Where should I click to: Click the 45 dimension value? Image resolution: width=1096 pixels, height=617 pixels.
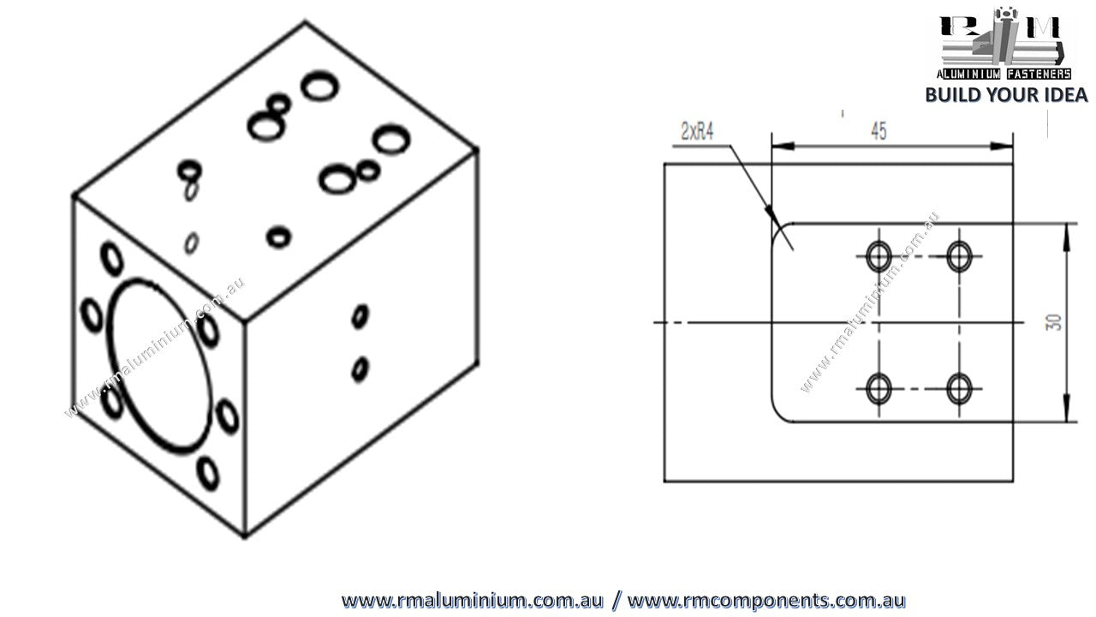(x=879, y=131)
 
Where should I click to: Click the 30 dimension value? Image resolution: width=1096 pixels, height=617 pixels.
(x=1054, y=322)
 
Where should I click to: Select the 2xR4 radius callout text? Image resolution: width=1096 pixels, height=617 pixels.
(x=697, y=131)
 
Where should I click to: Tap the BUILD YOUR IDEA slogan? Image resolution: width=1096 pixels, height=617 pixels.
(x=1006, y=94)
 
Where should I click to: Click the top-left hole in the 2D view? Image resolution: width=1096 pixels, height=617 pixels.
(x=879, y=255)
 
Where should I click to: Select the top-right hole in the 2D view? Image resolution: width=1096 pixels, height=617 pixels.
(x=959, y=255)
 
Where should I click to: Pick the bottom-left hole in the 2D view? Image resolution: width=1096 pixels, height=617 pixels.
(x=879, y=388)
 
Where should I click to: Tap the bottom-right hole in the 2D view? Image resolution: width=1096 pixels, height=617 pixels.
(x=959, y=388)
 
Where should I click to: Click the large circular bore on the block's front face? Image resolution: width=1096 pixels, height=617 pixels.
(x=158, y=364)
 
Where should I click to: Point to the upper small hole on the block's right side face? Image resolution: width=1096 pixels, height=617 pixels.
(x=360, y=316)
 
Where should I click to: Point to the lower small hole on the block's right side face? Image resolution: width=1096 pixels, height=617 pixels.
(x=360, y=369)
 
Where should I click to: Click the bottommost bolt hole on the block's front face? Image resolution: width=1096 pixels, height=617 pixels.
(x=206, y=471)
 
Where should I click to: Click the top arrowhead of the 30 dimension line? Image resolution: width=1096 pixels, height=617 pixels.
(x=1068, y=230)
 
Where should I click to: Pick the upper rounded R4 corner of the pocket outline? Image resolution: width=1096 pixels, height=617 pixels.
(x=777, y=230)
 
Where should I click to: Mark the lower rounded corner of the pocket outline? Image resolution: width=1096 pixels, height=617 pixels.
(x=778, y=414)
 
